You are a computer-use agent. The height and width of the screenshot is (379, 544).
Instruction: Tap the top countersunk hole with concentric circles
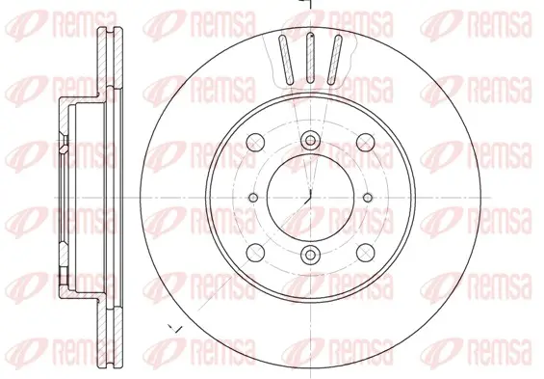310,141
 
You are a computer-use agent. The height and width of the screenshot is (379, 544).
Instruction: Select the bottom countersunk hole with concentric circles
310,255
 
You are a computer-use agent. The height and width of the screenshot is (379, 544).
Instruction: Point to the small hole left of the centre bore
253,198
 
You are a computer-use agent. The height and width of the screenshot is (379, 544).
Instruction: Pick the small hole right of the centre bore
368,198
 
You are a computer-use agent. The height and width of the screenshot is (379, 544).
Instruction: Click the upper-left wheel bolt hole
255,142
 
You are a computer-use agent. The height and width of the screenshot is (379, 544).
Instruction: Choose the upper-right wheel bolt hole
366,142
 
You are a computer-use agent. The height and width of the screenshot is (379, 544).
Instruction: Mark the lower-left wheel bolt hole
255,253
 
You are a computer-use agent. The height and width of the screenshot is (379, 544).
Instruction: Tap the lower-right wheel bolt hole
366,253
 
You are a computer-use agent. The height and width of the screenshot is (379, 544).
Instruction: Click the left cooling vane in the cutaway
286,60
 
